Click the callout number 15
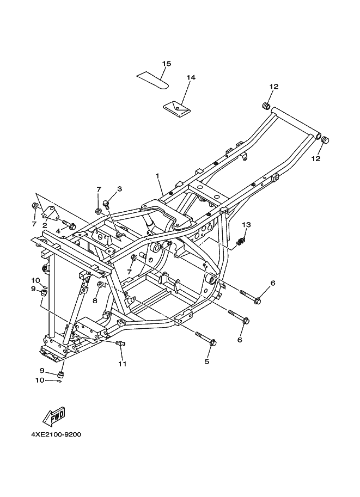click(x=167, y=64)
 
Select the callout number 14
click(x=191, y=78)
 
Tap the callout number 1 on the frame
click(x=157, y=176)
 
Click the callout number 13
click(x=246, y=224)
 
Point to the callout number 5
click(x=207, y=361)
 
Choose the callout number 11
click(x=122, y=364)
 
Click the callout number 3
click(x=119, y=189)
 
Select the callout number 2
click(x=45, y=225)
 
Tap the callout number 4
click(x=57, y=231)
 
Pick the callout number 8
click(x=95, y=300)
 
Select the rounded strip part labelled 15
click(x=153, y=79)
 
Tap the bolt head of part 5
click(x=213, y=343)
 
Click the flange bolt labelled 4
click(x=70, y=224)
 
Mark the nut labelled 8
click(x=100, y=285)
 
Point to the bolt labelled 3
click(x=106, y=204)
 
